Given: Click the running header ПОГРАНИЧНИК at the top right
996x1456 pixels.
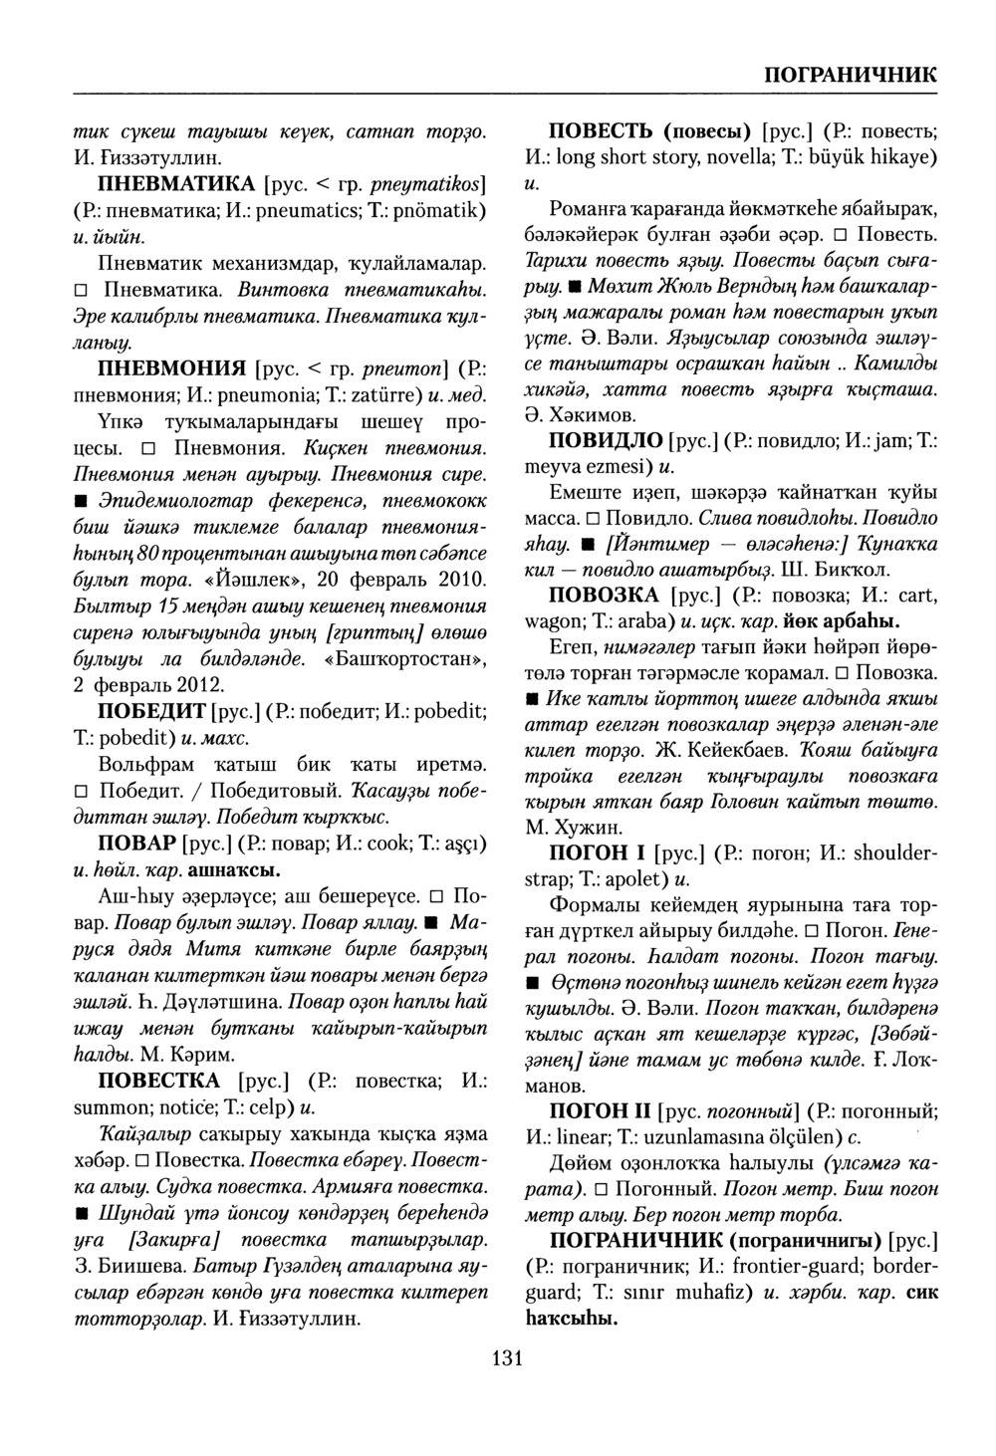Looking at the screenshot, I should (x=850, y=76).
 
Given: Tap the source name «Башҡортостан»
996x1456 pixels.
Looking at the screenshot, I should (x=406, y=659).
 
